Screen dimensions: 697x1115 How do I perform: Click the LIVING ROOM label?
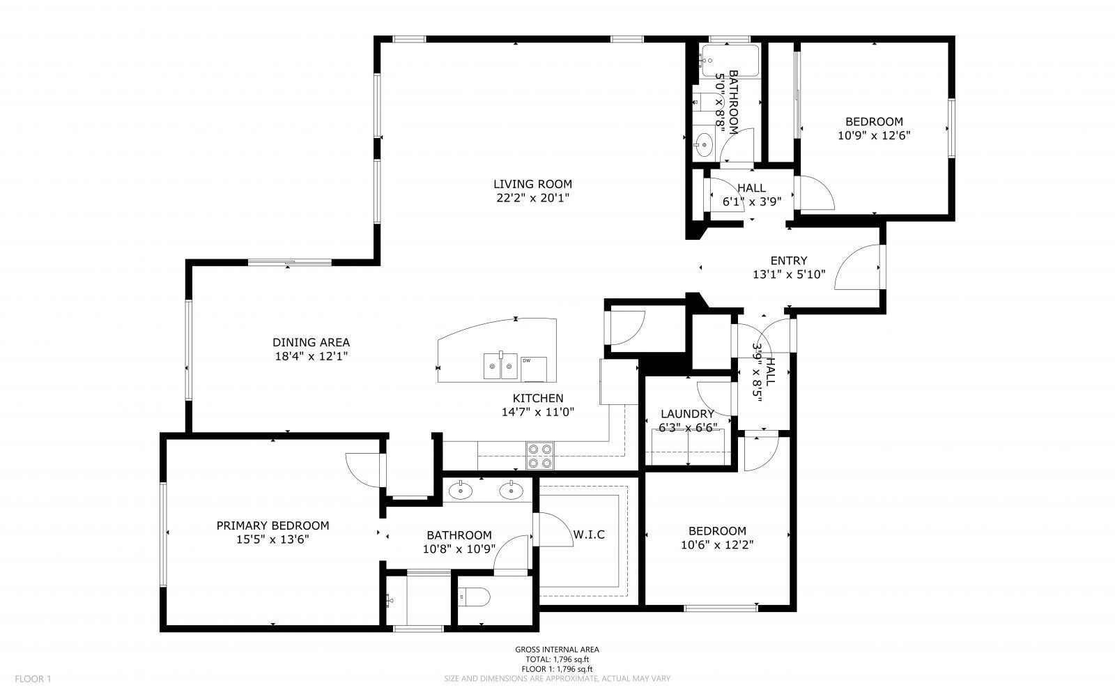[532, 184]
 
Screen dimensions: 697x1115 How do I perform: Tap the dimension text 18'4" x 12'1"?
[311, 356]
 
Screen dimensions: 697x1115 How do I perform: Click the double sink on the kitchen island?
[500, 365]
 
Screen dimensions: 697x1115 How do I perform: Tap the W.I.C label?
[589, 535]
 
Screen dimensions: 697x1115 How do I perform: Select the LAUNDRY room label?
[687, 413]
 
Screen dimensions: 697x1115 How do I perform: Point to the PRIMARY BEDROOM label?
[272, 526]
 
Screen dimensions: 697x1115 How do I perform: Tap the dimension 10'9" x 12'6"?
[874, 136]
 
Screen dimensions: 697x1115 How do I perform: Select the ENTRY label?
[789, 261]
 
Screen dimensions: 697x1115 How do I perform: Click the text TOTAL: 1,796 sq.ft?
[557, 659]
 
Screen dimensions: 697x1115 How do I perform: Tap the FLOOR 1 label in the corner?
[33, 678]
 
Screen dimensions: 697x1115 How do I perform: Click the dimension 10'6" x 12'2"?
[717, 545]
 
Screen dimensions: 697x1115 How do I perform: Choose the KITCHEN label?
[538, 398]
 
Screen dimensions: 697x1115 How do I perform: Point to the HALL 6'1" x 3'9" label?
[751, 194]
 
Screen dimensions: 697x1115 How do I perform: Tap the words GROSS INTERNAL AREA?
[557, 649]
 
